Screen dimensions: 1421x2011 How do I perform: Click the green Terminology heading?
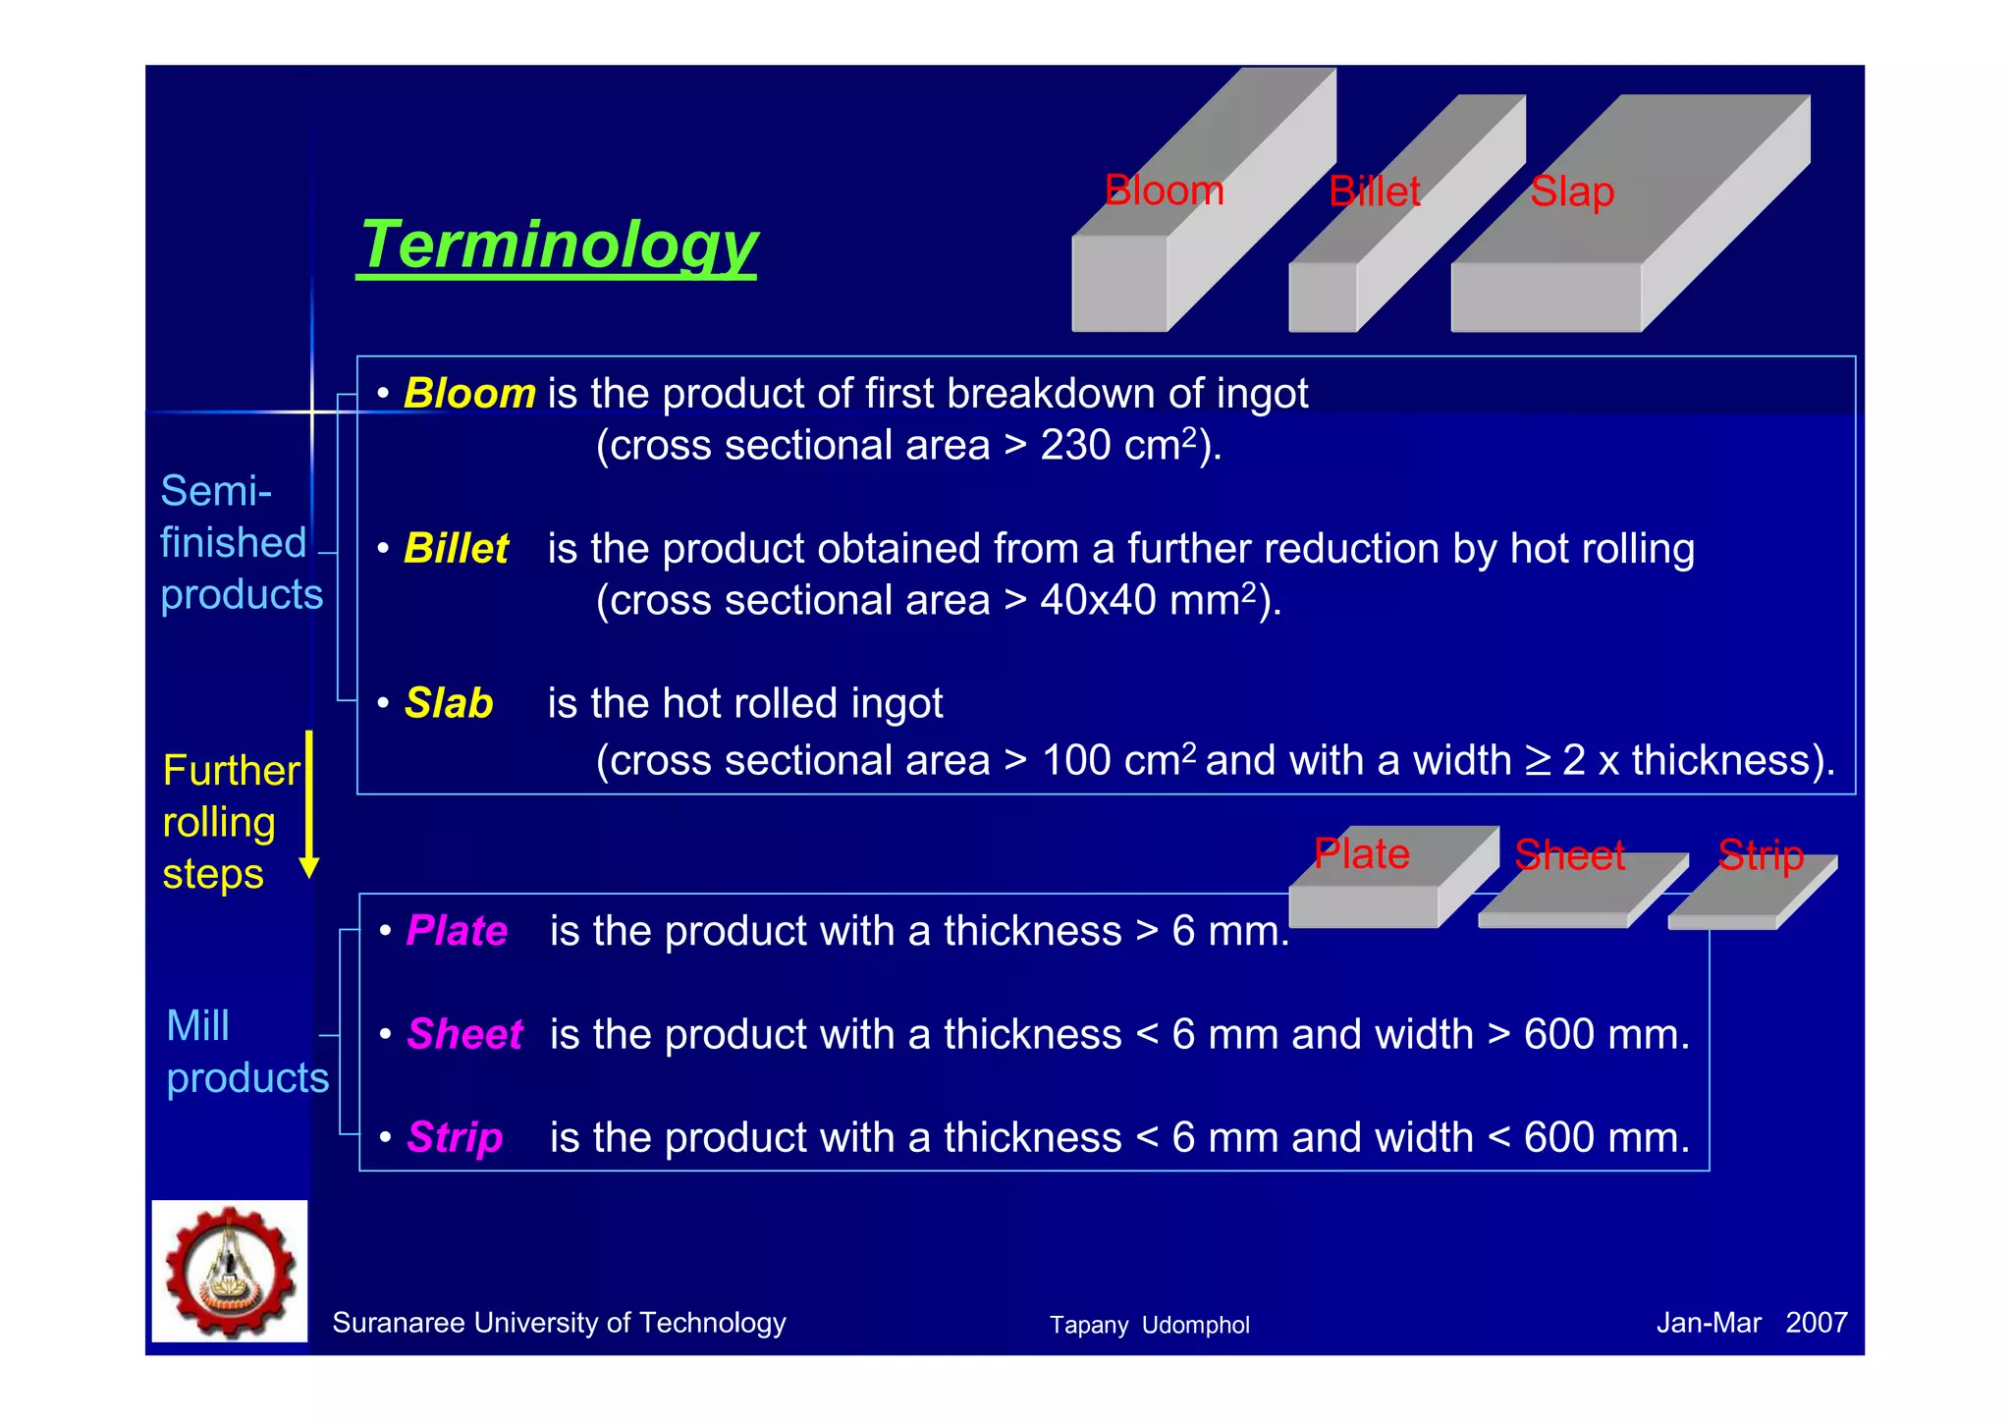[x=558, y=246]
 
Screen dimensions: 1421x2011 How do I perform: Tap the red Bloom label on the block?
[x=1164, y=191]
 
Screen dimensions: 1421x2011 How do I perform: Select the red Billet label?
[x=1374, y=191]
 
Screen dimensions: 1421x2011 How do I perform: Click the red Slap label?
[x=1571, y=192]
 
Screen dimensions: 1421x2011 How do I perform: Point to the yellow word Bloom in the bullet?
[x=469, y=394]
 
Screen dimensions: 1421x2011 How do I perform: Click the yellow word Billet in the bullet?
[x=456, y=549]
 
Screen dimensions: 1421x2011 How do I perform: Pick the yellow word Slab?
[x=449, y=704]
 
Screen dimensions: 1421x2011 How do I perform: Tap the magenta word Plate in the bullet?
[x=457, y=931]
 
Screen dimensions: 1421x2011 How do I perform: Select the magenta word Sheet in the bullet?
[x=464, y=1034]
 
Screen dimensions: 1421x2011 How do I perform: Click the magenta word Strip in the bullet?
[x=455, y=1137]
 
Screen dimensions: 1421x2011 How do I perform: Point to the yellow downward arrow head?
[x=309, y=867]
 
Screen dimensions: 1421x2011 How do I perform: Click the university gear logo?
[x=230, y=1272]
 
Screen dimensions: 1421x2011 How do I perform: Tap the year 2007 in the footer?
[x=1816, y=1323]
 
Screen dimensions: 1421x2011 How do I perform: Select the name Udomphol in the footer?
[x=1195, y=1326]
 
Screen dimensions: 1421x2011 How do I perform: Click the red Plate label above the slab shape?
[x=1361, y=853]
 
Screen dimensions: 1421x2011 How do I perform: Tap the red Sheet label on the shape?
[x=1569, y=855]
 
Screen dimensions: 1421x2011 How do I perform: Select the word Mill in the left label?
[x=197, y=1026]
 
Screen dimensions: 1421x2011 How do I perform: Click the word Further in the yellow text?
[x=232, y=771]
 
